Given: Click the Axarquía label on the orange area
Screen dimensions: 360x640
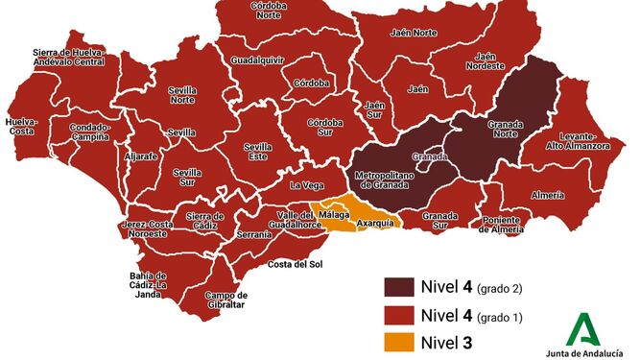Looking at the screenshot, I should pyautogui.click(x=374, y=223).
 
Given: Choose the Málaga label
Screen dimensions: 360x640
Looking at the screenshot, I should pyautogui.click(x=335, y=215).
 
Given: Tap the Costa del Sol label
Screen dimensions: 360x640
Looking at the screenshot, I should pyautogui.click(x=294, y=264).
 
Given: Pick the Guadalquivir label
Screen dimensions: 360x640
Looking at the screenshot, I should pyautogui.click(x=256, y=60).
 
